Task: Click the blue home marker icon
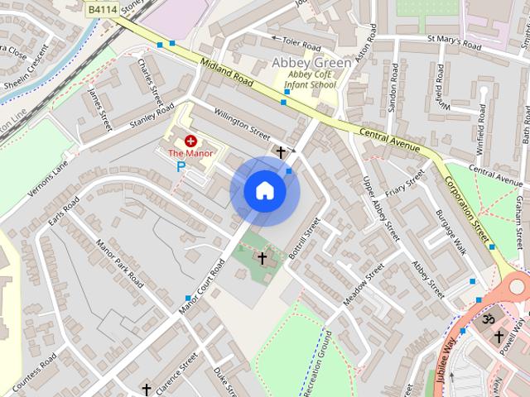point(264,191)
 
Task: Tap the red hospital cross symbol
point(190,141)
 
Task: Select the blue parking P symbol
point(181,166)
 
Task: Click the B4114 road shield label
point(102,7)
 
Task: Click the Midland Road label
point(226,73)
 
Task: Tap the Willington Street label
point(242,124)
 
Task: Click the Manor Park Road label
point(120,262)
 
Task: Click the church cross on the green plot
point(263,258)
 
